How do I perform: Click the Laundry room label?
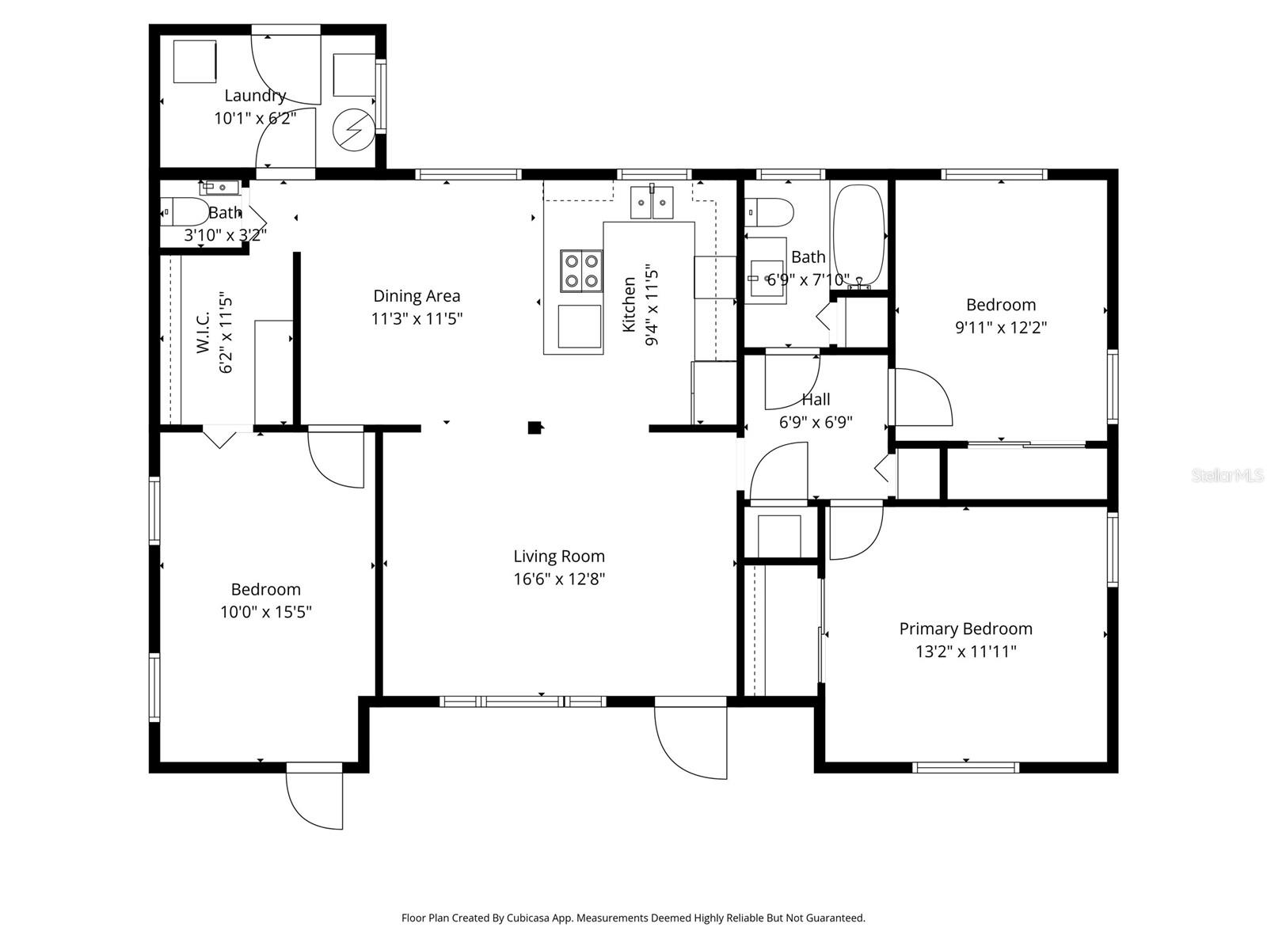[254, 96]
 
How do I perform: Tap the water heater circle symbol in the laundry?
[352, 129]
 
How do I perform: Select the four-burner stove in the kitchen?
[581, 271]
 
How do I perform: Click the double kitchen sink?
[652, 203]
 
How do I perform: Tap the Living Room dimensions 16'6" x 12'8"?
[559, 579]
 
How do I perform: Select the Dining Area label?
[417, 296]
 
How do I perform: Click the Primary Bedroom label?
[965, 629]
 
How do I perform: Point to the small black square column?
[535, 427]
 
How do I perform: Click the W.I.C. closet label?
[203, 332]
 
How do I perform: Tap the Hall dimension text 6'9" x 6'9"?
[816, 423]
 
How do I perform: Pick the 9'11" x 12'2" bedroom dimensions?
[1001, 328]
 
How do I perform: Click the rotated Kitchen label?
[630, 304]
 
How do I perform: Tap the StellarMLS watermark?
[1227, 476]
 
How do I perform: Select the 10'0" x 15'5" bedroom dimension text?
[265, 612]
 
